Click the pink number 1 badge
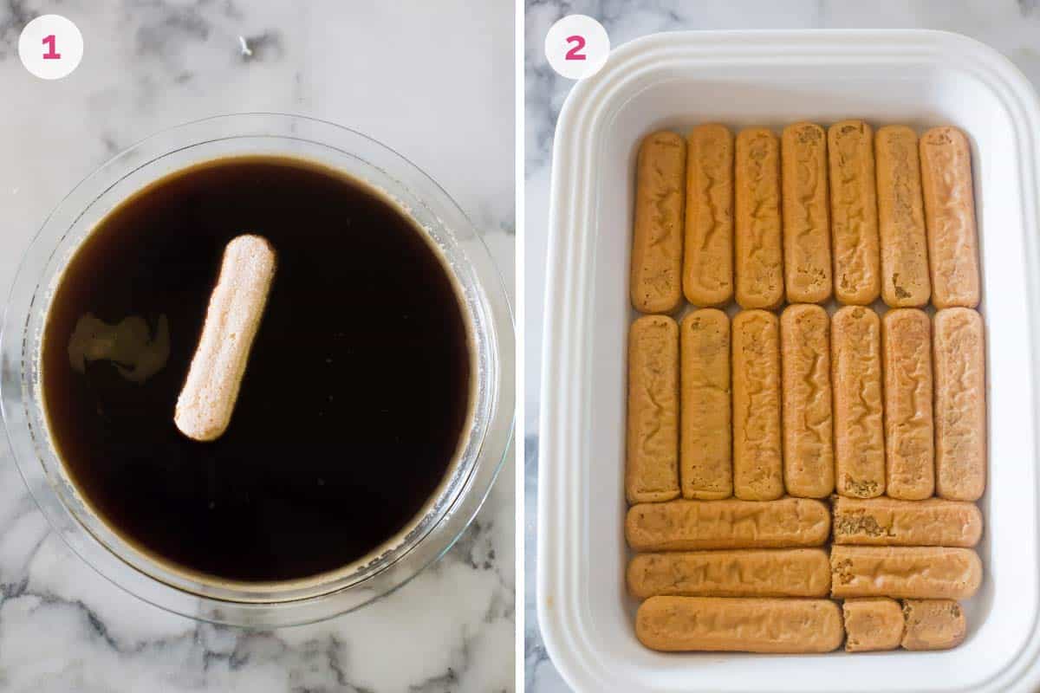pyautogui.click(x=50, y=48)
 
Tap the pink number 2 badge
pyautogui.click(x=576, y=48)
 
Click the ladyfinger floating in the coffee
pyautogui.click(x=225, y=337)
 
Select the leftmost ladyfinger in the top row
pyautogui.click(x=658, y=222)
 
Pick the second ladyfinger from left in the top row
pyautogui.click(x=708, y=215)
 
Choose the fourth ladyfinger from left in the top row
pyautogui.click(x=806, y=213)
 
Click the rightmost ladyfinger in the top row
pyautogui.click(x=949, y=217)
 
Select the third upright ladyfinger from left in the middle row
pyautogui.click(x=757, y=405)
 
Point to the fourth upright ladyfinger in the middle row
pyautogui.click(x=807, y=401)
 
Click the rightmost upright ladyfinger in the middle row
pyautogui.click(x=959, y=405)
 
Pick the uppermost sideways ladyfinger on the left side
pyautogui.click(x=727, y=524)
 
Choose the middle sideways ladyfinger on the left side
pyautogui.click(x=728, y=573)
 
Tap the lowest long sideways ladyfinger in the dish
pyautogui.click(x=738, y=624)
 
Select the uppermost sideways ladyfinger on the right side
pyautogui.click(x=907, y=521)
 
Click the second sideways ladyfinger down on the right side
pyautogui.click(x=906, y=572)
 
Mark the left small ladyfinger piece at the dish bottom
pyautogui.click(x=873, y=625)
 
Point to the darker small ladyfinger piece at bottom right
pyautogui.click(x=933, y=625)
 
